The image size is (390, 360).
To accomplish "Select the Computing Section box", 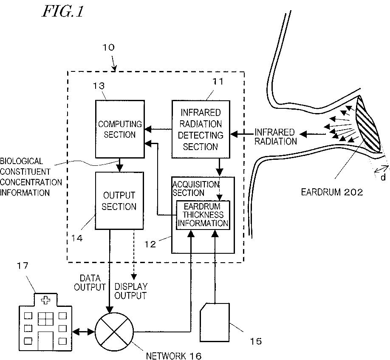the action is click(x=120, y=129).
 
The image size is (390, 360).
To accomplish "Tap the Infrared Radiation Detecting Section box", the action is click(x=201, y=129).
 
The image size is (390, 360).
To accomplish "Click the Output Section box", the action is click(x=119, y=201).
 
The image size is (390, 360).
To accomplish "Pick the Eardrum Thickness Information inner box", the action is click(x=203, y=215).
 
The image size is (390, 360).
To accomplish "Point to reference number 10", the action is click(x=108, y=47).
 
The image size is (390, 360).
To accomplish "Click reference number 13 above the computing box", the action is click(x=99, y=86).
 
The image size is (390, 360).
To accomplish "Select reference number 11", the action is click(x=218, y=81).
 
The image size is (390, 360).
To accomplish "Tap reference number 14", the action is click(x=77, y=238).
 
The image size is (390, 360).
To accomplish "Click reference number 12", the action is click(x=150, y=244).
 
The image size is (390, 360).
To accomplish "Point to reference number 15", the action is click(x=256, y=341).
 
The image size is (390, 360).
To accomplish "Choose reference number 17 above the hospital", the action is click(x=23, y=266).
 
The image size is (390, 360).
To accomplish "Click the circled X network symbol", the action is click(x=114, y=332).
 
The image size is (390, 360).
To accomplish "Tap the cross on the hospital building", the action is click(x=45, y=300).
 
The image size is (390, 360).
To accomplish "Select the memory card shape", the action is click(x=215, y=322).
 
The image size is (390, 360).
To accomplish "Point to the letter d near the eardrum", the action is click(x=383, y=177).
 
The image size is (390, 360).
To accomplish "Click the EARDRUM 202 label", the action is click(x=332, y=192).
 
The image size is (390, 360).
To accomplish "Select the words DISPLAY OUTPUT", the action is click(x=131, y=291).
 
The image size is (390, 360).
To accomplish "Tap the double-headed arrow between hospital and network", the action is click(x=84, y=332).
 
